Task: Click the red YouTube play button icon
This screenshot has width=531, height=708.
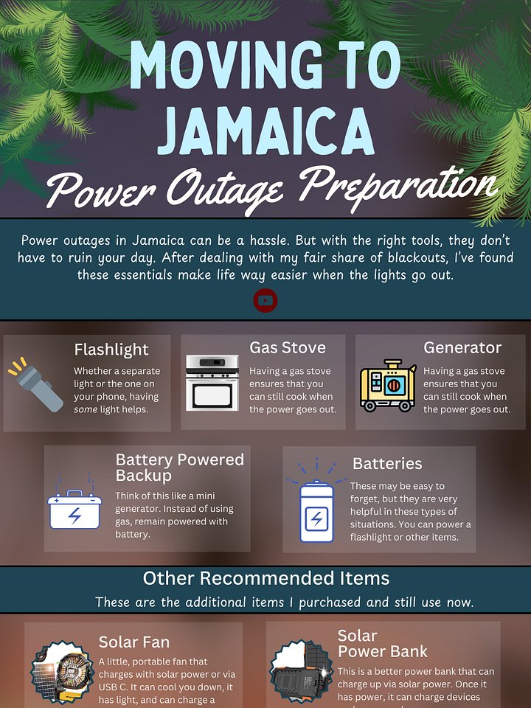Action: coord(265,300)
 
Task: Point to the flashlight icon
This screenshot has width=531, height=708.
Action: coord(37,384)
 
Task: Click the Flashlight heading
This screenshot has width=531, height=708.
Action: coord(111,350)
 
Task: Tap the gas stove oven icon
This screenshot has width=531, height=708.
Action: coord(212,383)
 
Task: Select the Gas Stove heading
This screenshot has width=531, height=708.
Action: coord(287,347)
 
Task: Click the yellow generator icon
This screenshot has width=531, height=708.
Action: coord(387,386)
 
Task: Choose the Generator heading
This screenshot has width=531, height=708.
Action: coord(462,347)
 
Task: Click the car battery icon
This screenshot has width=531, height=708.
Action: coord(74,510)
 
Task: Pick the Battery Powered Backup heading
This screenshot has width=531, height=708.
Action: coord(179,468)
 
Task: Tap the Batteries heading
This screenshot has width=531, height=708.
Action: coord(387,464)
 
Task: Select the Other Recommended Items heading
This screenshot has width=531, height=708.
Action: coord(265,578)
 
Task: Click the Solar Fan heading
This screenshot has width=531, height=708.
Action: coord(134,642)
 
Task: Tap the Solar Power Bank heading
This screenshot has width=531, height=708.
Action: coord(382,644)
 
